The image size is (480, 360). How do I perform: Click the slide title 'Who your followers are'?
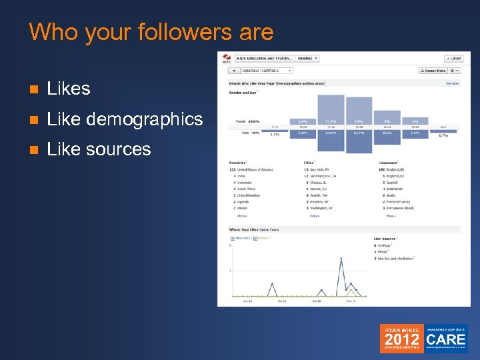tap(151, 32)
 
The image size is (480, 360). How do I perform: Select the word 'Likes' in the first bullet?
tap(69, 88)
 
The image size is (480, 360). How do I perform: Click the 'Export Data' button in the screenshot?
tap(433, 70)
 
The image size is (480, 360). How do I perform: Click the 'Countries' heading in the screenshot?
tap(237, 161)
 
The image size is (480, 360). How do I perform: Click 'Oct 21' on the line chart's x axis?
tap(283, 301)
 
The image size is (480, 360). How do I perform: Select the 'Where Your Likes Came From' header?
tap(255, 229)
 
